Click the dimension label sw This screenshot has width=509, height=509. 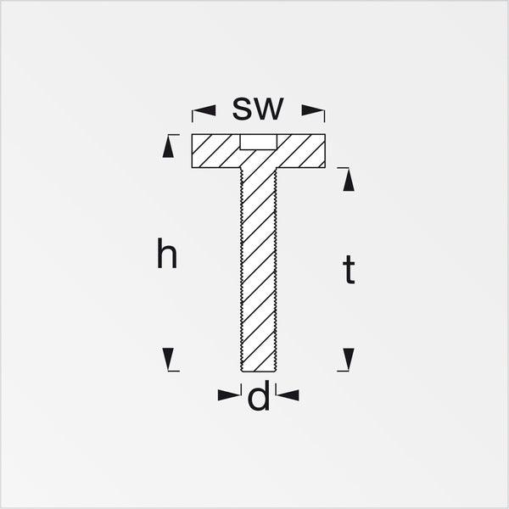[258, 109]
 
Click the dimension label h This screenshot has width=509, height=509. [167, 253]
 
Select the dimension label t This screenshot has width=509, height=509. [349, 270]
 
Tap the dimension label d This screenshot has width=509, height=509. [259, 395]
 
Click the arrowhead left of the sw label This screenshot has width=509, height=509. [204, 110]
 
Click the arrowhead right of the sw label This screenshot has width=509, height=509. [312, 110]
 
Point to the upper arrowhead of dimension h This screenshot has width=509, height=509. [168, 147]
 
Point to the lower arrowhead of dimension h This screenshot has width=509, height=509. [168, 359]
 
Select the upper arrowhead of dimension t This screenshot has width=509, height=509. [349, 180]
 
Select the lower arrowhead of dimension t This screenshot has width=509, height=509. [349, 359]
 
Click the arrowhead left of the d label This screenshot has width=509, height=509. [229, 395]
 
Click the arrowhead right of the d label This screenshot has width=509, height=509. [288, 395]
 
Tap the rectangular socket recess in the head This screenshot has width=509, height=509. [259, 142]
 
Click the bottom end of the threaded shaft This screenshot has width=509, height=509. [259, 371]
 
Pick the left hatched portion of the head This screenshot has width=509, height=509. [215, 151]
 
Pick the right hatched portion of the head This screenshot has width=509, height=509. [301, 151]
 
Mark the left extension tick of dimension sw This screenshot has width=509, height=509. [193, 116]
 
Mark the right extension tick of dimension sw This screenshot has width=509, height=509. [325, 116]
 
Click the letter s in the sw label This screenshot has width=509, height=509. [241, 109]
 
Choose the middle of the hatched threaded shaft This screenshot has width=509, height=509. [259, 270]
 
